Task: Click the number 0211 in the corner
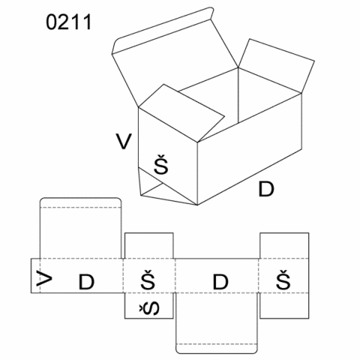point(69,22)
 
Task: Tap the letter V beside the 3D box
point(124,142)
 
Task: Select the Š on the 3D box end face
point(161,164)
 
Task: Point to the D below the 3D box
point(266,189)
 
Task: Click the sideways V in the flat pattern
point(44,278)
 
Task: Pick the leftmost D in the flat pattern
point(86,282)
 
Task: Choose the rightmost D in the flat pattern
point(220,282)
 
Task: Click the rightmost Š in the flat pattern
point(283,280)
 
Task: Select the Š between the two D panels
point(148,280)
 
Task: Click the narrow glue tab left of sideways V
point(35,275)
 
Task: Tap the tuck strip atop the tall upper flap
point(80,202)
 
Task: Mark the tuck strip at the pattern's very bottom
point(217,349)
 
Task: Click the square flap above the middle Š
point(149,245)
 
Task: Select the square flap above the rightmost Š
point(284,245)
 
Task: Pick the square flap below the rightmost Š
point(284,305)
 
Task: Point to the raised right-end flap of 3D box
point(276,65)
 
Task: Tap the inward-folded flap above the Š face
point(182,112)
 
